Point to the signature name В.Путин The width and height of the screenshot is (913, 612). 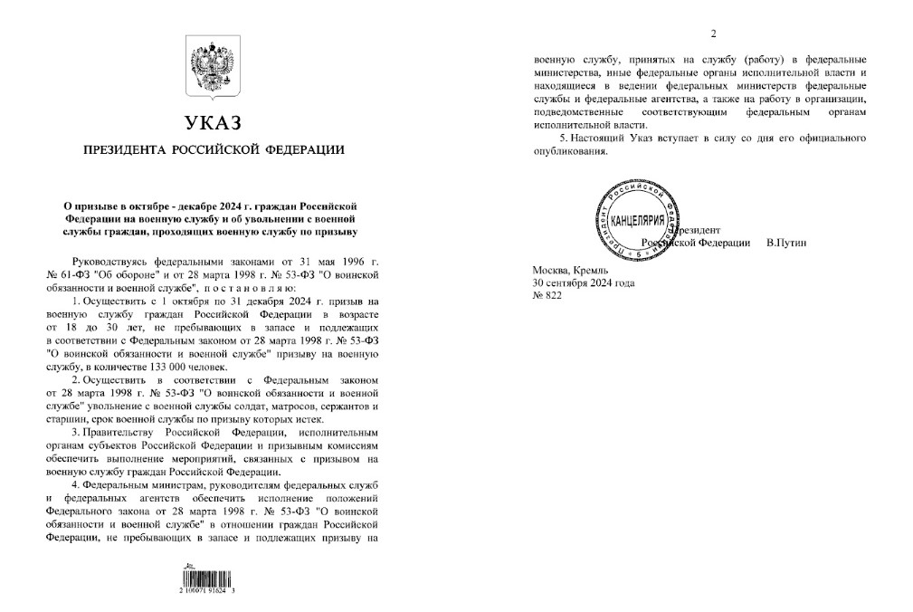click(785, 243)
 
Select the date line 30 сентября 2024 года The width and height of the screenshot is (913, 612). click(584, 282)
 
